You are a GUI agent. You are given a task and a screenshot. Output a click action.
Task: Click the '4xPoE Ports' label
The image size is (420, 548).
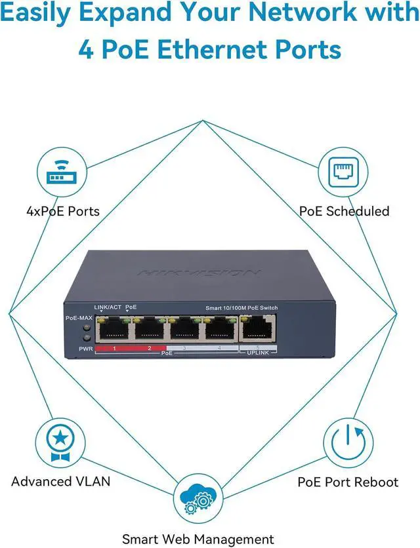coord(63,211)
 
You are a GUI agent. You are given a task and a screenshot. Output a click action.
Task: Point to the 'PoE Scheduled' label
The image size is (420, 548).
coord(344,211)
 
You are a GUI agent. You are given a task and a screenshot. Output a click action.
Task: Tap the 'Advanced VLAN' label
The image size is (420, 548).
coord(60,482)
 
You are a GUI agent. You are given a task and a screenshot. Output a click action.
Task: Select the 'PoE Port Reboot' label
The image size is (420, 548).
coord(348,482)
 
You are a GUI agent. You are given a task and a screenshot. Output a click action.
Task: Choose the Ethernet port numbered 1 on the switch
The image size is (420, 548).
coord(114,330)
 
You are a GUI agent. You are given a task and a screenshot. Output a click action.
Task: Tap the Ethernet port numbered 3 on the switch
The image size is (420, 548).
coord(186,330)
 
